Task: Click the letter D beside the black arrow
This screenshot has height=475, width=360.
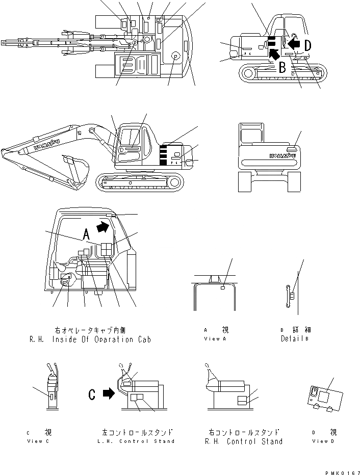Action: tap(307, 45)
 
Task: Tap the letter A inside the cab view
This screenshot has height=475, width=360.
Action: tap(86, 234)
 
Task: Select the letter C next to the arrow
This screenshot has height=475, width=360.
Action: tap(92, 394)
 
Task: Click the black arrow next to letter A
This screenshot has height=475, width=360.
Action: tap(102, 227)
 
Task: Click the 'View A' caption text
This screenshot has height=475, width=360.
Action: tap(212, 338)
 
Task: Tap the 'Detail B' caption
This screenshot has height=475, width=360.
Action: tap(295, 338)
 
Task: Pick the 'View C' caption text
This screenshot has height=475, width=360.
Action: tap(38, 441)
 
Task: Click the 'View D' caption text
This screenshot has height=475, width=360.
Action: tap(320, 441)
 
